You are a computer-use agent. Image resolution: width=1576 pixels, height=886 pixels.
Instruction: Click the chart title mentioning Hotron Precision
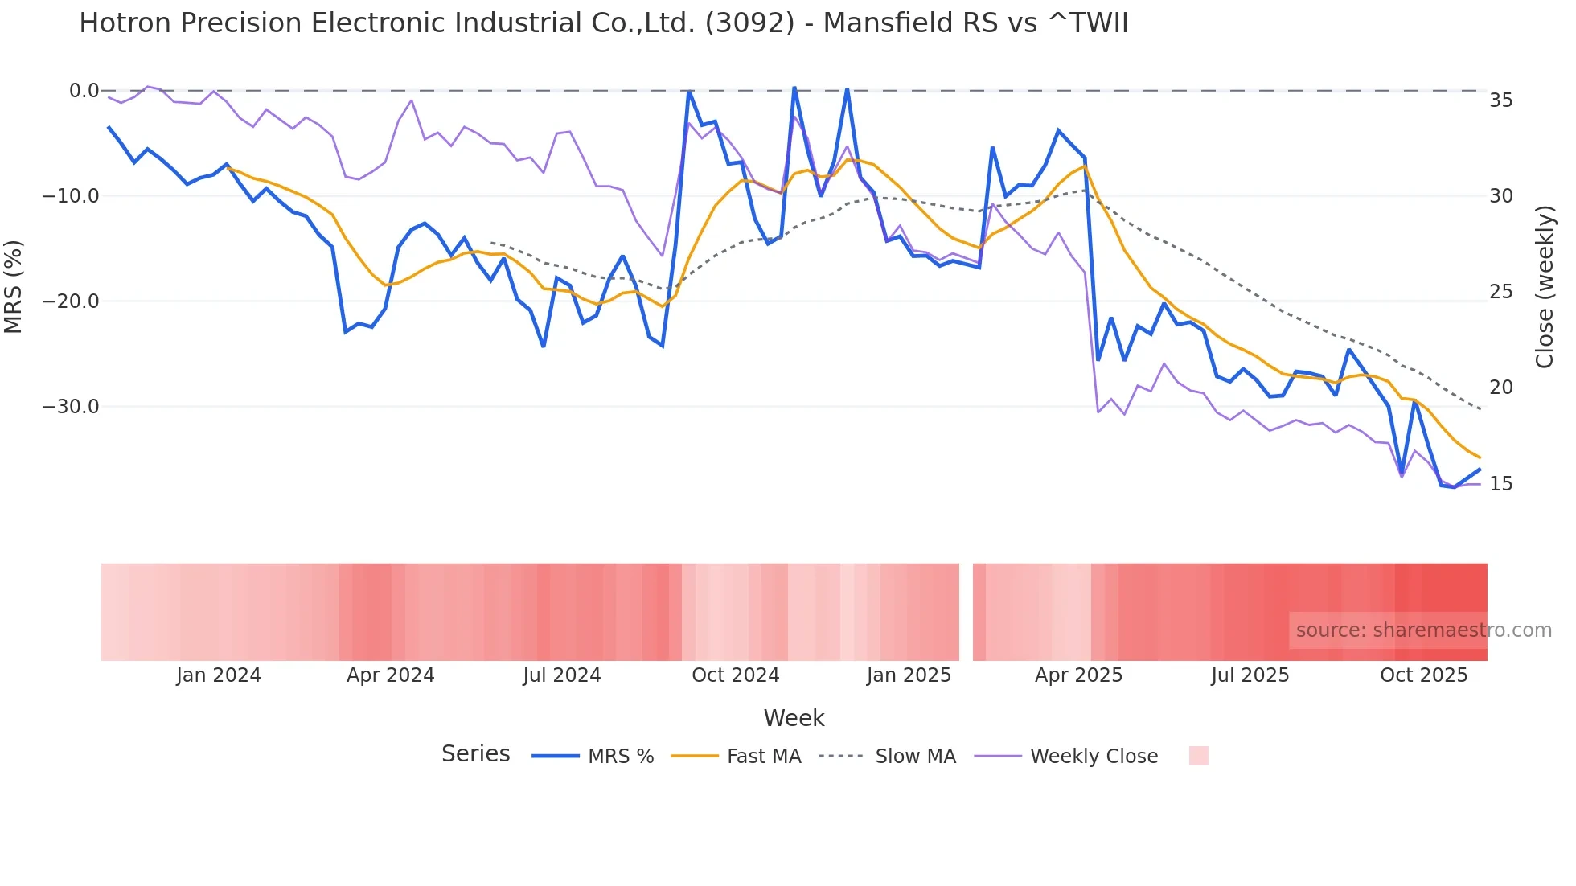pyautogui.click(x=603, y=23)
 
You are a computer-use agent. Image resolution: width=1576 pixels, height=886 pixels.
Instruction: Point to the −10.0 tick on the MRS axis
pyautogui.click(x=71, y=196)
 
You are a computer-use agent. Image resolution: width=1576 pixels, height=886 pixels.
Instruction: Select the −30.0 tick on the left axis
pyautogui.click(x=71, y=407)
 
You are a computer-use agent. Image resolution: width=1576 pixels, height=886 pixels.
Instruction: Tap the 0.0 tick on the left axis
pyautogui.click(x=84, y=91)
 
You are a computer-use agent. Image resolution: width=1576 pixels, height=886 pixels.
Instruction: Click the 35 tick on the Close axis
pyautogui.click(x=1500, y=100)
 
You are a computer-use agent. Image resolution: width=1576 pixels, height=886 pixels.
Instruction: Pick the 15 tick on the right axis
pyautogui.click(x=1500, y=484)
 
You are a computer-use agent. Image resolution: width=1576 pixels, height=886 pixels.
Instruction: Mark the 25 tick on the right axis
pyautogui.click(x=1500, y=292)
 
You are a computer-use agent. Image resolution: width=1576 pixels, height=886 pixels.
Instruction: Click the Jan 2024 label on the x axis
pyautogui.click(x=219, y=675)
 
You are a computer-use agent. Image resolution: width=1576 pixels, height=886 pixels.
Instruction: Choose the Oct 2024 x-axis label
pyautogui.click(x=735, y=675)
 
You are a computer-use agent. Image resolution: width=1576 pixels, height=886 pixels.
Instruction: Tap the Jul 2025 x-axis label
pyautogui.click(x=1250, y=675)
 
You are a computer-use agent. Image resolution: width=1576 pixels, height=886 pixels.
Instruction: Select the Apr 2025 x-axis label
pyautogui.click(x=1078, y=675)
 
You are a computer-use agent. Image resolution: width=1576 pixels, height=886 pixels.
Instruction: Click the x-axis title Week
pyautogui.click(x=794, y=718)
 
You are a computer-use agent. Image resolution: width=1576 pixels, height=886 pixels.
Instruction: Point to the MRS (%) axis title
pyautogui.click(x=14, y=286)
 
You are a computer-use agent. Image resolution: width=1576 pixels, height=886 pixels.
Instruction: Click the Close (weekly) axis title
pyautogui.click(x=1544, y=287)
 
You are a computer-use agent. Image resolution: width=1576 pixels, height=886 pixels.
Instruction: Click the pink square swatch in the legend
pyautogui.click(x=1198, y=756)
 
